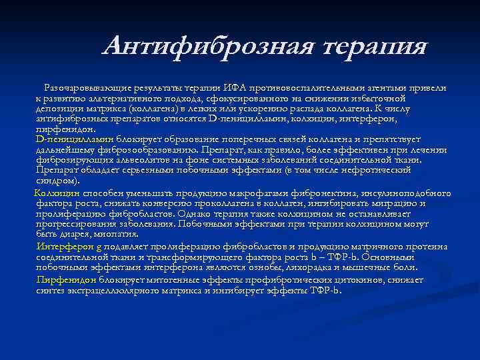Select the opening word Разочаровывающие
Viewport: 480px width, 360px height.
tap(83, 88)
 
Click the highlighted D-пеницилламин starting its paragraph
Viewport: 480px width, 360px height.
tap(75, 139)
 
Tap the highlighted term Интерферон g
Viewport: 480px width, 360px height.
tap(69, 247)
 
